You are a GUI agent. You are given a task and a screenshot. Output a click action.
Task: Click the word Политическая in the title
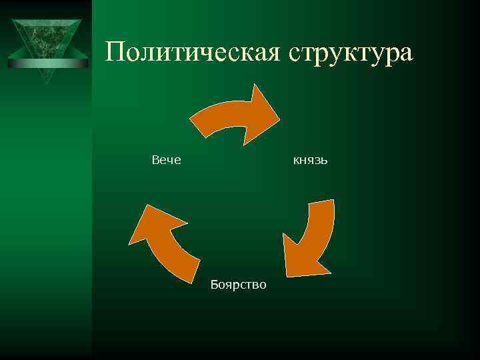click(x=194, y=51)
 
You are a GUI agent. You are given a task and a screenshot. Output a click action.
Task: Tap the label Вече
click(x=167, y=160)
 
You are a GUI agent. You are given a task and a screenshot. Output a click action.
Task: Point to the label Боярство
click(x=238, y=285)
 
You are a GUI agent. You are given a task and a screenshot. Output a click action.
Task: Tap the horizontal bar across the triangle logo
click(x=48, y=63)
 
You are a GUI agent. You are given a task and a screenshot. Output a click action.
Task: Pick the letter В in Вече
click(x=155, y=160)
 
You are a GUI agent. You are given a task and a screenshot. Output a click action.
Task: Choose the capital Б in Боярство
click(x=213, y=285)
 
